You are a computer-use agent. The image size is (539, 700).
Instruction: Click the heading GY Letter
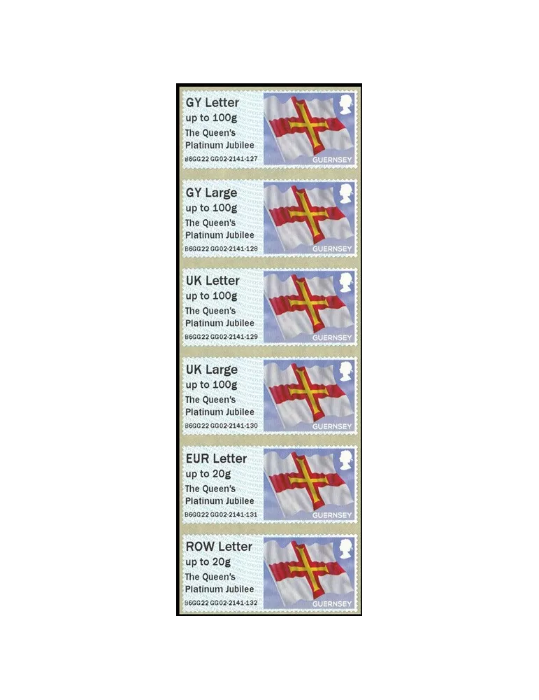(212, 103)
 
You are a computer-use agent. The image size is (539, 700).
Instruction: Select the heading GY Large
(211, 192)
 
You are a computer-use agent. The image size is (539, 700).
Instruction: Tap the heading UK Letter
(212, 281)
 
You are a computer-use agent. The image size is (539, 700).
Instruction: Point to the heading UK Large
(211, 370)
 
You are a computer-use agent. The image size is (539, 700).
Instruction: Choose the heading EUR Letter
(216, 458)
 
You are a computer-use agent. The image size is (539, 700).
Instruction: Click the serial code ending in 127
(220, 159)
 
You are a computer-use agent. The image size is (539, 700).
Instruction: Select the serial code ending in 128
(220, 248)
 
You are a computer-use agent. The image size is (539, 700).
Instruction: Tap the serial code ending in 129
(220, 337)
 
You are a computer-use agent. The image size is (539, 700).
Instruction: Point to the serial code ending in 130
(220, 426)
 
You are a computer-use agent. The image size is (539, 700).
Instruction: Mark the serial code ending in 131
(220, 514)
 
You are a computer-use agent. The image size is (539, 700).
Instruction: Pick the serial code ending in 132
(220, 603)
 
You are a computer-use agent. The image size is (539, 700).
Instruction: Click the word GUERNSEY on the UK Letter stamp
(332, 337)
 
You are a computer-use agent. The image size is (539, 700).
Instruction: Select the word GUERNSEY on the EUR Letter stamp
(332, 515)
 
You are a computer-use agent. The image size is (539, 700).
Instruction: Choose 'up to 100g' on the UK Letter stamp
(211, 296)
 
